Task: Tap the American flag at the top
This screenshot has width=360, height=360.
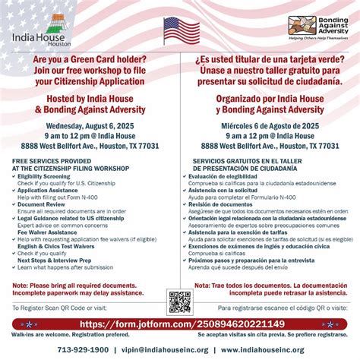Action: (x=180, y=30)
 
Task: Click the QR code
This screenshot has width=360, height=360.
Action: (x=179, y=302)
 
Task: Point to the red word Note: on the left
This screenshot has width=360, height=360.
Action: (x=24, y=285)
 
